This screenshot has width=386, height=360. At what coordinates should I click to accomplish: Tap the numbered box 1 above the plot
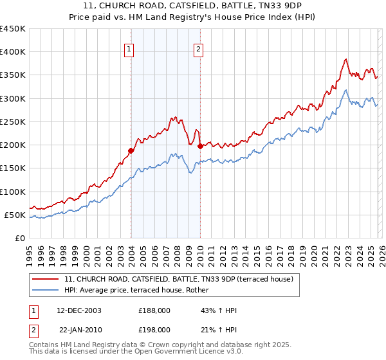coord(130,48)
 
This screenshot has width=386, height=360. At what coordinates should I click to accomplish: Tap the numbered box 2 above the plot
coord(199,48)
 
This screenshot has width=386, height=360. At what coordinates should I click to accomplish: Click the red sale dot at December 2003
coord(131,150)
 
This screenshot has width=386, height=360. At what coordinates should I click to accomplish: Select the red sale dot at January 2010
coord(200,146)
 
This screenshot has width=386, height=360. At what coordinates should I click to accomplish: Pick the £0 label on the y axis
coord(19,238)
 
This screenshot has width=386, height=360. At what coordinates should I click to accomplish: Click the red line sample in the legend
coord(46,279)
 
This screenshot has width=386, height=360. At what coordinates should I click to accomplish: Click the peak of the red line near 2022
coord(345,59)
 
